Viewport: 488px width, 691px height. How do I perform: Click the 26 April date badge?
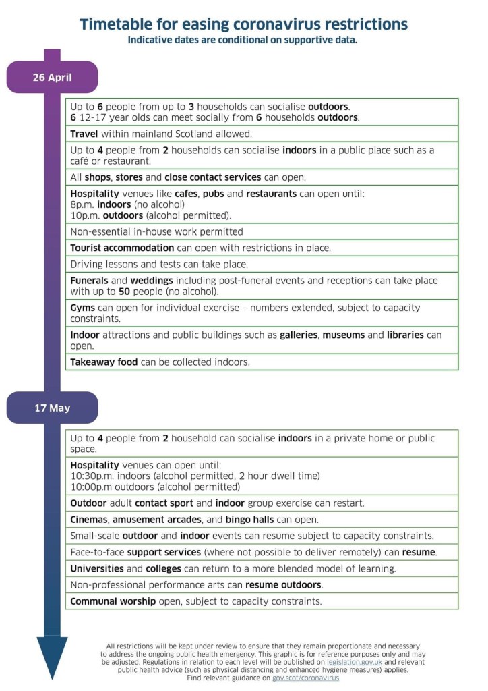pos(52,77)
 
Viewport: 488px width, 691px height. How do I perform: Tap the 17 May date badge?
pos(52,408)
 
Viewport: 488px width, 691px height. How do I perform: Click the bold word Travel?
pos(84,134)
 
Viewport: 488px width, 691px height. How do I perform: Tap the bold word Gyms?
pos(83,308)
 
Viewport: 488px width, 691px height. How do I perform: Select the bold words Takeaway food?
pos(104,362)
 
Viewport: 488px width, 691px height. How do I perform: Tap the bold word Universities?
pos(97,568)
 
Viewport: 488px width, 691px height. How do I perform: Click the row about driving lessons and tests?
pos(159,264)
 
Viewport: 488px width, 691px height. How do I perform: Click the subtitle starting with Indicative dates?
pos(243,40)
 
